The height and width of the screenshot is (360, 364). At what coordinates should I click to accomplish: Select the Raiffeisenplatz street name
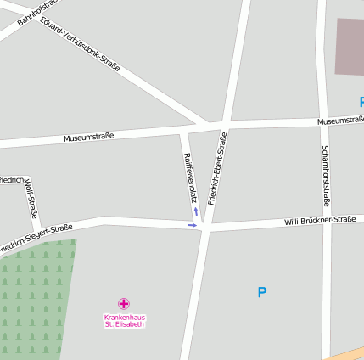(x=191, y=177)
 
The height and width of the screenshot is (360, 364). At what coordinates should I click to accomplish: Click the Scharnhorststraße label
(x=325, y=176)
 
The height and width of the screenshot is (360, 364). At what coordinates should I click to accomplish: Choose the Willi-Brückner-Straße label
(x=319, y=220)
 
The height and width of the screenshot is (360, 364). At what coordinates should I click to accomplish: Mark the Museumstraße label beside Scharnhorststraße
(x=341, y=121)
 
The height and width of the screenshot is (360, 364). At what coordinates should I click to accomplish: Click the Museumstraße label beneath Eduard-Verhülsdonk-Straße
(x=88, y=136)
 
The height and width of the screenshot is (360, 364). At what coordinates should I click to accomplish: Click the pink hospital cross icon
(x=124, y=303)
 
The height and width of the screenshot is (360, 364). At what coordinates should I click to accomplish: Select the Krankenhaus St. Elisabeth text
(x=124, y=320)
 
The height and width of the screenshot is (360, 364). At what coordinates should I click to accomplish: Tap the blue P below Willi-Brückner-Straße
(x=262, y=293)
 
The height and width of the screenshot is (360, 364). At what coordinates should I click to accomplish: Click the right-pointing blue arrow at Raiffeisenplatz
(x=193, y=225)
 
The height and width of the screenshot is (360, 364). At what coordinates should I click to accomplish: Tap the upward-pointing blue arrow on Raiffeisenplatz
(x=196, y=211)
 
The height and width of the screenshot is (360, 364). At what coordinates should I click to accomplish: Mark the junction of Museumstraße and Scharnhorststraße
(x=322, y=121)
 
